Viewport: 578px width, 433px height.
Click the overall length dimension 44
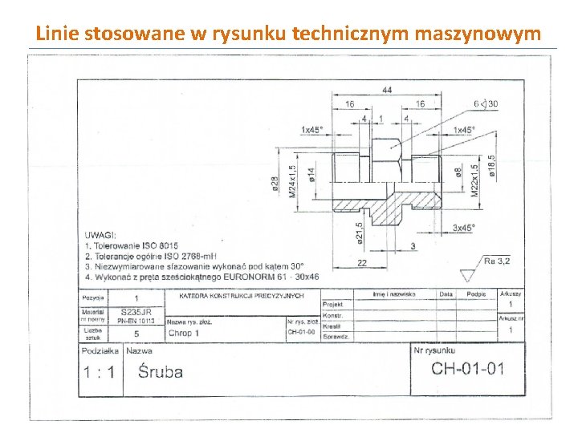(x=387, y=90)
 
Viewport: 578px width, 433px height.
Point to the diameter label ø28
(x=275, y=184)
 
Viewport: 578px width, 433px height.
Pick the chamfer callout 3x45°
(x=463, y=228)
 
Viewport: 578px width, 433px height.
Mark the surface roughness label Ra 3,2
(x=497, y=261)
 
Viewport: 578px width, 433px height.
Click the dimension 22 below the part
(x=362, y=263)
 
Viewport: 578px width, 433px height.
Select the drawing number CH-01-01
(x=468, y=369)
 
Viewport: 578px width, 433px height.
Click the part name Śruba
(x=160, y=372)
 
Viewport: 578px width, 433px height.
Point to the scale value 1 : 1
(x=99, y=372)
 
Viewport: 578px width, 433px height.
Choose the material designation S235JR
(x=136, y=311)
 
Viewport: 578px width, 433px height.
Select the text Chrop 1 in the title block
(x=184, y=333)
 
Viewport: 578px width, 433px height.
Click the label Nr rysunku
(x=434, y=350)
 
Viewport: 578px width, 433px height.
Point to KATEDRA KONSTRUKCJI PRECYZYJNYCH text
(x=242, y=296)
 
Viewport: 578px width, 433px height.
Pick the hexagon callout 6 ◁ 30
(x=485, y=104)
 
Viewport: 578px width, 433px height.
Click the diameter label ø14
(x=311, y=171)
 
